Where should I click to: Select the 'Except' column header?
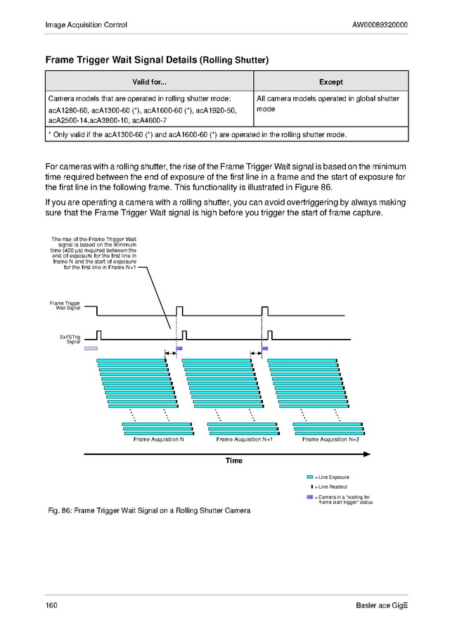pyautogui.click(x=330, y=82)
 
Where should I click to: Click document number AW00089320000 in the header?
pyautogui.click(x=380, y=26)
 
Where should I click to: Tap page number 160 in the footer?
pyautogui.click(x=51, y=606)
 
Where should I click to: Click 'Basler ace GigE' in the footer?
pyautogui.click(x=382, y=606)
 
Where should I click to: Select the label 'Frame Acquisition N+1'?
pyautogui.click(x=244, y=439)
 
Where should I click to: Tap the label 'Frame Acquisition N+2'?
pyautogui.click(x=330, y=439)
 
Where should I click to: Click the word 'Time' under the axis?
pyautogui.click(x=233, y=460)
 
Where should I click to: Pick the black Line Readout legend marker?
pyautogui.click(x=311, y=486)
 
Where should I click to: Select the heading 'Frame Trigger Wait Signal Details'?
pyautogui.click(x=122, y=60)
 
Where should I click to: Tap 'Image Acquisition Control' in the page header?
pyautogui.click(x=86, y=26)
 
